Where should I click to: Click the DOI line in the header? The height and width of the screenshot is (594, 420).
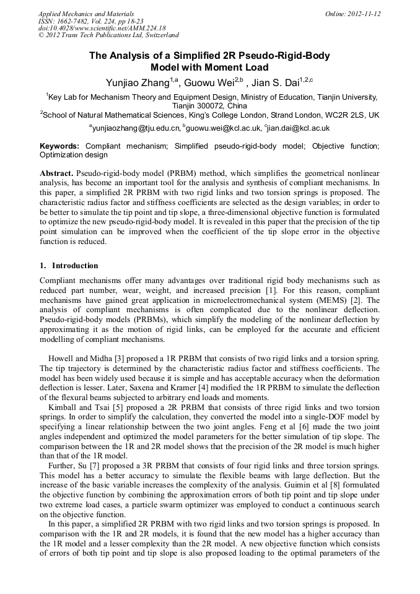[x=102, y=28]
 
